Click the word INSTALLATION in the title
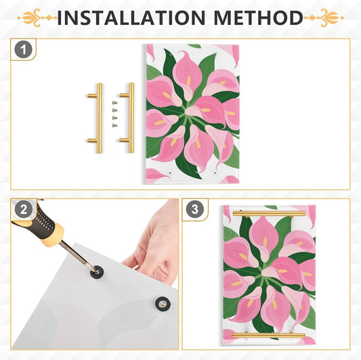131,18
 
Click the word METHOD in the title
259,18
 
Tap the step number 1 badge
24,49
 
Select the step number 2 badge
24,210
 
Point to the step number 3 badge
195,210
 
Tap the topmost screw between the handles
114,102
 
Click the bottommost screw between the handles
114,125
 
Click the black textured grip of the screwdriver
44,220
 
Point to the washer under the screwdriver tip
97,272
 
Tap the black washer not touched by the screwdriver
163,304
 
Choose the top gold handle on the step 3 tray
269,214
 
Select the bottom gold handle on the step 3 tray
269,335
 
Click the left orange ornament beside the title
37,18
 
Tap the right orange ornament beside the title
324,18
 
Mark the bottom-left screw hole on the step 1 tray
170,173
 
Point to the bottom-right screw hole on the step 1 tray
215,173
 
